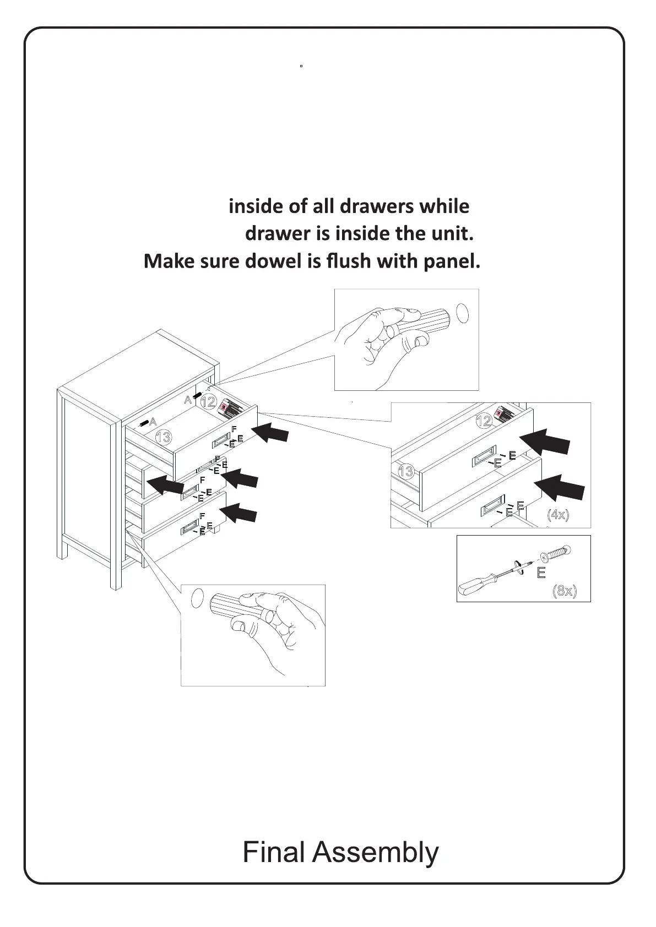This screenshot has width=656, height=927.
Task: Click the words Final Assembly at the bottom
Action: (x=340, y=852)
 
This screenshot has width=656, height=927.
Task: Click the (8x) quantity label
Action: (x=565, y=591)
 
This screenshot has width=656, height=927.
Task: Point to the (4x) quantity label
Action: (x=557, y=515)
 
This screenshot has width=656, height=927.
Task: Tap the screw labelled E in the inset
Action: (x=555, y=552)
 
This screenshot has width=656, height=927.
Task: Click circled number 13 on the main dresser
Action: (x=164, y=438)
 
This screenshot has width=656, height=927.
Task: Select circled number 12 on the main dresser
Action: (x=208, y=402)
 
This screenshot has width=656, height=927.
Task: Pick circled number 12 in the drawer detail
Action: (x=484, y=422)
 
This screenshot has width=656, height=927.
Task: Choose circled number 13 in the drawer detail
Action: (x=405, y=472)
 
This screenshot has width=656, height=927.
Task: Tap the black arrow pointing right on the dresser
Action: (x=166, y=484)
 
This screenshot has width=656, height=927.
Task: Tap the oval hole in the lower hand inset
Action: (x=197, y=598)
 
